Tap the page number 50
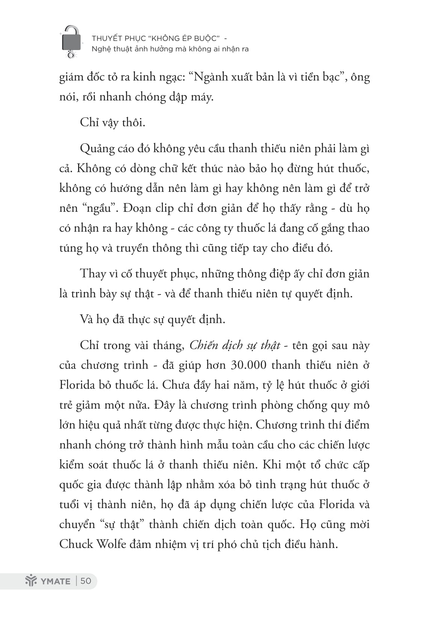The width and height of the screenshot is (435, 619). [86, 581]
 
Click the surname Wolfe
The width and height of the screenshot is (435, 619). [111, 544]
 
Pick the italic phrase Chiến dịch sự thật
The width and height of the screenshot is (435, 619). [235, 345]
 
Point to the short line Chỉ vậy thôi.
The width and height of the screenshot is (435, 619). [112, 123]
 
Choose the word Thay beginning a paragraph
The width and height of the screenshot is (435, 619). [92, 273]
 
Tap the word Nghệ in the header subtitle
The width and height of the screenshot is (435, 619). [100, 49]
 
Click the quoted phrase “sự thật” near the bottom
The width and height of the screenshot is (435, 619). [120, 524]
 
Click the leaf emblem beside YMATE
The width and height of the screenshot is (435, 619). [30, 581]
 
